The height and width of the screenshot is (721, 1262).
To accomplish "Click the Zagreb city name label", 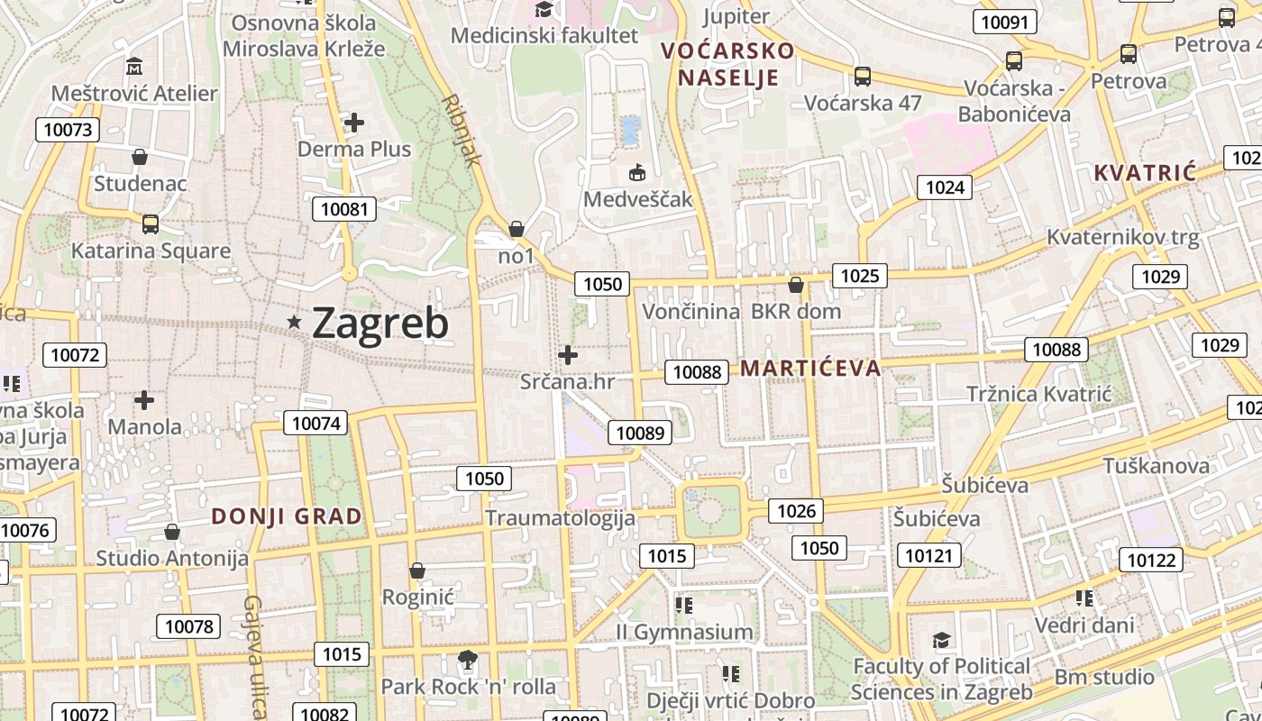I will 380,324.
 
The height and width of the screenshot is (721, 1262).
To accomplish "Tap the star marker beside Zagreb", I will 294,322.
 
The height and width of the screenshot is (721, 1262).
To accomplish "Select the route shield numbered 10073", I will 68,130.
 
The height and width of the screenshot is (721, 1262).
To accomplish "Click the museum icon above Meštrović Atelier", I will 134,67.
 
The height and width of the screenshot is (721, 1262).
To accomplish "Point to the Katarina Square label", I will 151,251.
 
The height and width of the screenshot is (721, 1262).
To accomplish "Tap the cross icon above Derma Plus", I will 354,122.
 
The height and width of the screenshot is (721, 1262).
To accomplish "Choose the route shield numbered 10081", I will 344,210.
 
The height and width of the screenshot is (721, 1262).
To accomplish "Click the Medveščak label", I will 637,198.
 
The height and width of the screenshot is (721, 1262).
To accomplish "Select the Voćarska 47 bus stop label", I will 863,103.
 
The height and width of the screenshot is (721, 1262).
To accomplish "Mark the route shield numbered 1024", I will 945,187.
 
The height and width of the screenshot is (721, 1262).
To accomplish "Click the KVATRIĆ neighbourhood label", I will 1145,173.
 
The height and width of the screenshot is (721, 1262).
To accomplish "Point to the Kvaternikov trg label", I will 1122,238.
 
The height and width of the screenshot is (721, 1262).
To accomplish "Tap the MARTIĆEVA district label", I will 809,368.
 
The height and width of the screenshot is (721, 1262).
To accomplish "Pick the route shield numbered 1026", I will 796,512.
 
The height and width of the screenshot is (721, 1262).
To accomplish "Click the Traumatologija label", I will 560,517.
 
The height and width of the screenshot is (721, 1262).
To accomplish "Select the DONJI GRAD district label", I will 287,516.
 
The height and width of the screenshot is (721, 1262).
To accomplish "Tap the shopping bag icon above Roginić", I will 417,570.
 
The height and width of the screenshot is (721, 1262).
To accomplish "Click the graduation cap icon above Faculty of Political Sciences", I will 941,640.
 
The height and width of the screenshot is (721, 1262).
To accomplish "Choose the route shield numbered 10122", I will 1151,561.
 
